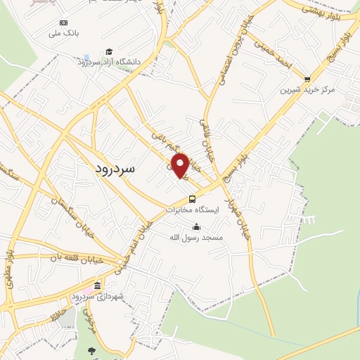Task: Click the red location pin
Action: tap(180, 165)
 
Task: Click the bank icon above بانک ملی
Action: tap(64, 22)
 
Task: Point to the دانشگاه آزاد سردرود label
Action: tap(110, 62)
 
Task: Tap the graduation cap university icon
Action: tap(109, 51)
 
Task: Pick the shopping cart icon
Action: tap(307, 79)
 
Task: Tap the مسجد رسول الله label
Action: tap(196, 238)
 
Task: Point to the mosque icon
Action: tap(196, 227)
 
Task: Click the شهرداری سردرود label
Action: tap(98, 297)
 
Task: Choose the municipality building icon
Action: tap(97, 286)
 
